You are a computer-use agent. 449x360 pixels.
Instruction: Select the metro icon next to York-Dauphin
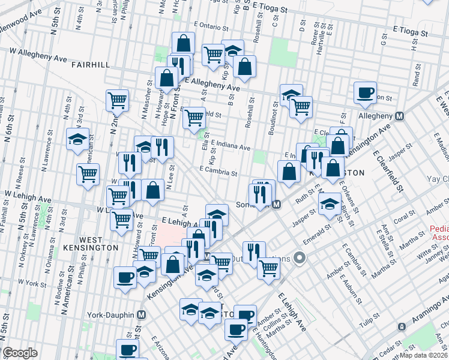[x=142, y=314]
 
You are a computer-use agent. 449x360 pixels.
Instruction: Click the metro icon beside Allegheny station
[x=399, y=115]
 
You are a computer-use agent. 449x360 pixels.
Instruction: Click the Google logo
[x=20, y=353]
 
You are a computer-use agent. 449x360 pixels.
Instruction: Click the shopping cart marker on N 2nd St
[x=117, y=101]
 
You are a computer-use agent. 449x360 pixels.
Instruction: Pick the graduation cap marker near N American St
[x=77, y=139]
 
